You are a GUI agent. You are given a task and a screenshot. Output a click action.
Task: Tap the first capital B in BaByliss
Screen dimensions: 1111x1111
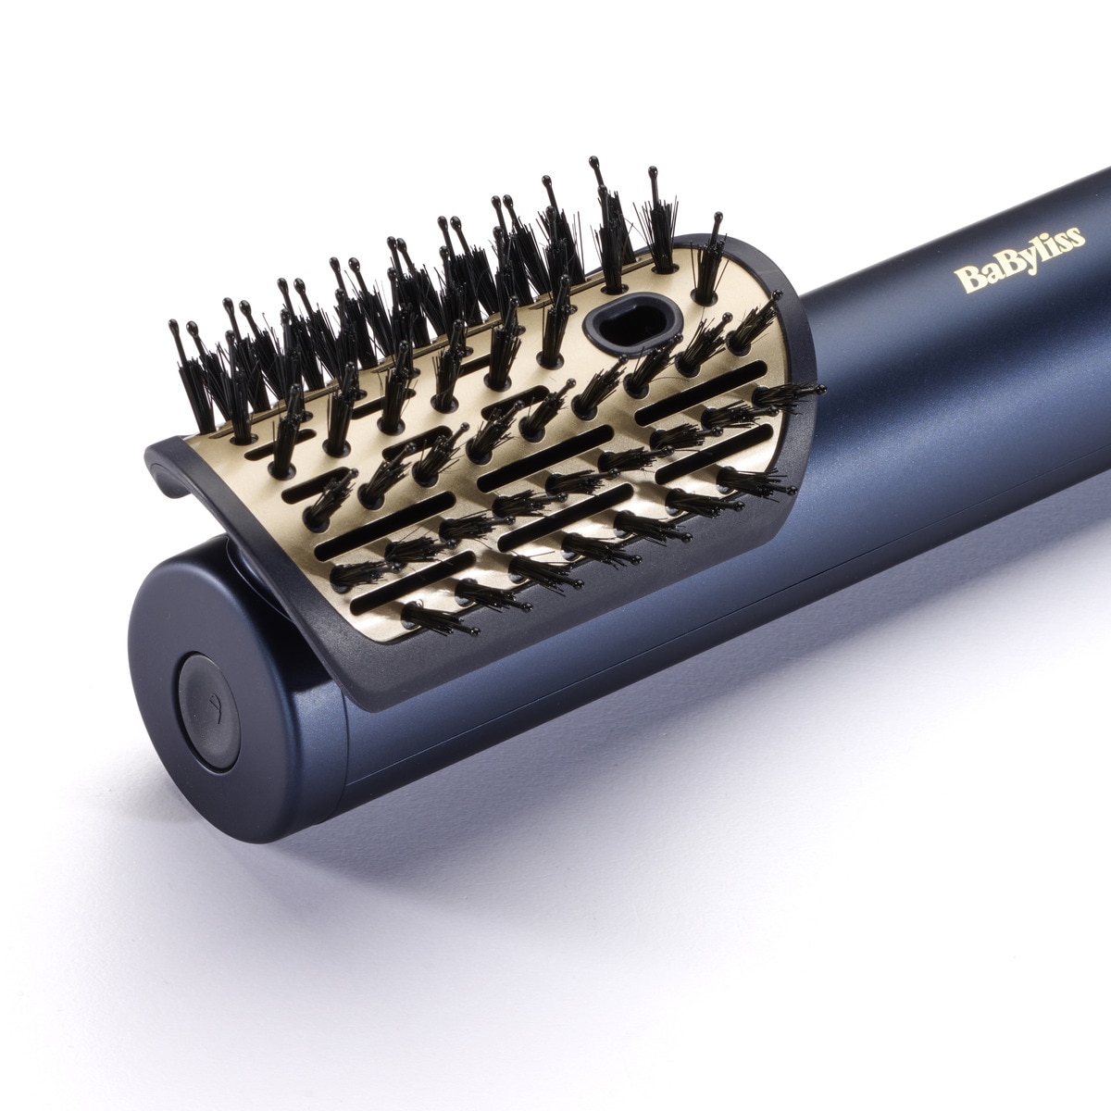pos(965,279)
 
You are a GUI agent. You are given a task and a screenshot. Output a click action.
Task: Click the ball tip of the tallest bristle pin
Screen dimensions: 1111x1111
pos(593,164)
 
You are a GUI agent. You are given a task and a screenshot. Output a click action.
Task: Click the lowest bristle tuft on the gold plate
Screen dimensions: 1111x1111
pos(440,619)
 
